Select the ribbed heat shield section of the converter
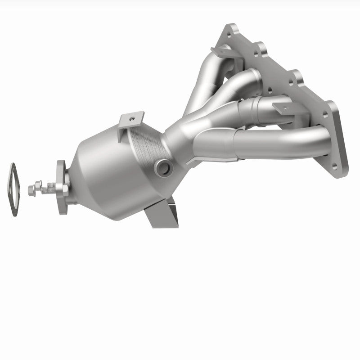click(x=146, y=135)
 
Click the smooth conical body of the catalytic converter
click(x=103, y=171)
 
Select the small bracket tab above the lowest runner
click(x=281, y=108)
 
